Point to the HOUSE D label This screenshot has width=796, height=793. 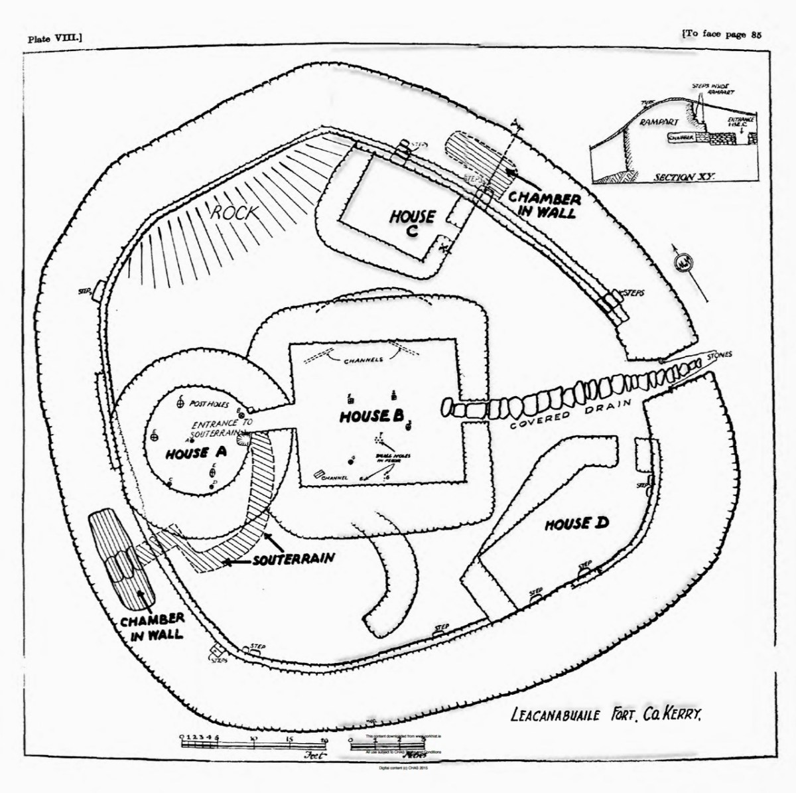[576, 524]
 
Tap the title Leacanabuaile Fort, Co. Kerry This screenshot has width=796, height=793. [606, 716]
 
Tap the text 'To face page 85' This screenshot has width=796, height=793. [720, 36]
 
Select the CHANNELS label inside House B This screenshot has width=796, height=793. [364, 360]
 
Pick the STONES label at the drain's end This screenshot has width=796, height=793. [720, 355]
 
